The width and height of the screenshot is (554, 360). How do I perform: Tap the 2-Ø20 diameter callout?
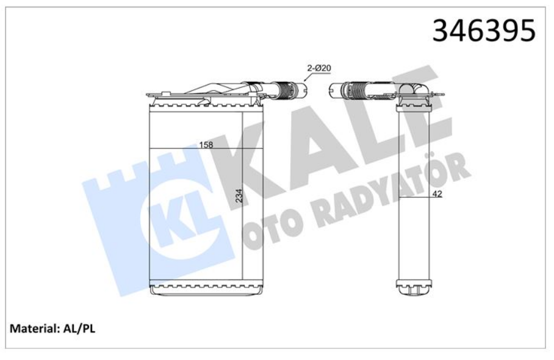[x=319, y=70]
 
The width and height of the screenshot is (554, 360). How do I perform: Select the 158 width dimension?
[x=206, y=145]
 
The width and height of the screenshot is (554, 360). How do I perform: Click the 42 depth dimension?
[x=437, y=195]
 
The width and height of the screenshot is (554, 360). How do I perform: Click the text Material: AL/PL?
[x=52, y=328]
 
